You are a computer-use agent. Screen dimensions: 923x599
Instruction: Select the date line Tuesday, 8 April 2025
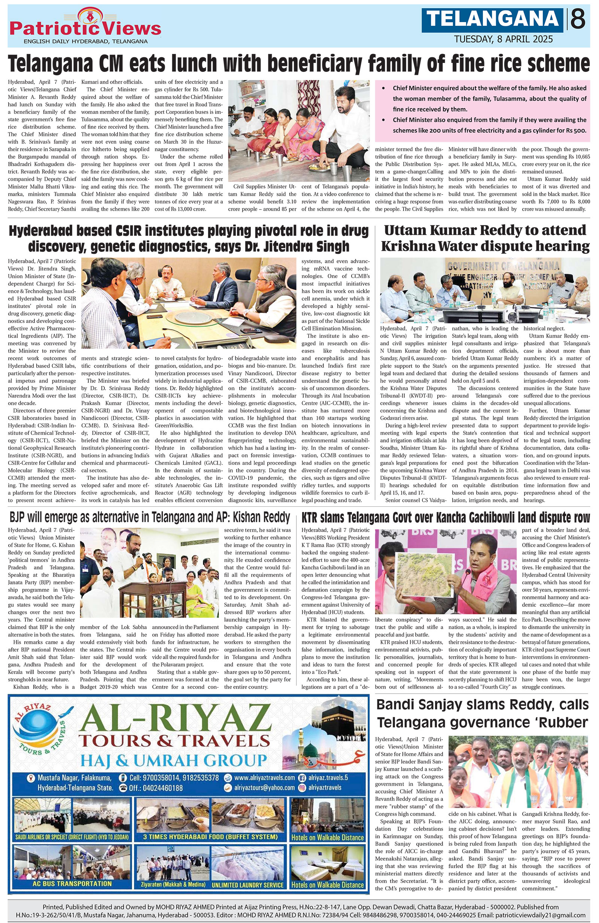click(x=504, y=39)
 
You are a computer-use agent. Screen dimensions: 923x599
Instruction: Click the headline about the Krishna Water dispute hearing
click(x=485, y=238)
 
